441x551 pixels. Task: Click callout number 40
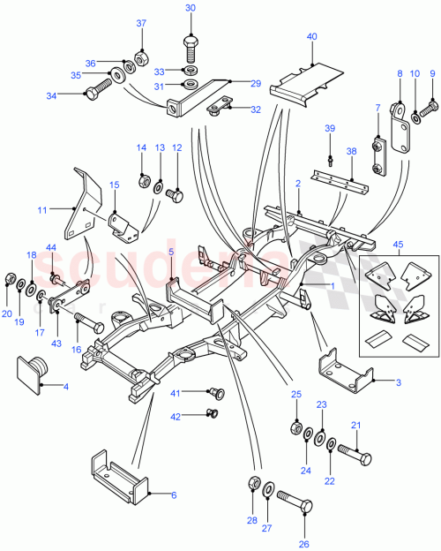(x=311, y=36)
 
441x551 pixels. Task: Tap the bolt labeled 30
(x=191, y=43)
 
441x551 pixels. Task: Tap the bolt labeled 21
(x=353, y=458)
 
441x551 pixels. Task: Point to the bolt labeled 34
(x=99, y=88)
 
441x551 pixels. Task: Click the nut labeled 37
(x=140, y=63)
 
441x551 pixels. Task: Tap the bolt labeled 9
(x=430, y=109)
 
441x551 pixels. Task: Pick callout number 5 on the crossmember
(x=171, y=252)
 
